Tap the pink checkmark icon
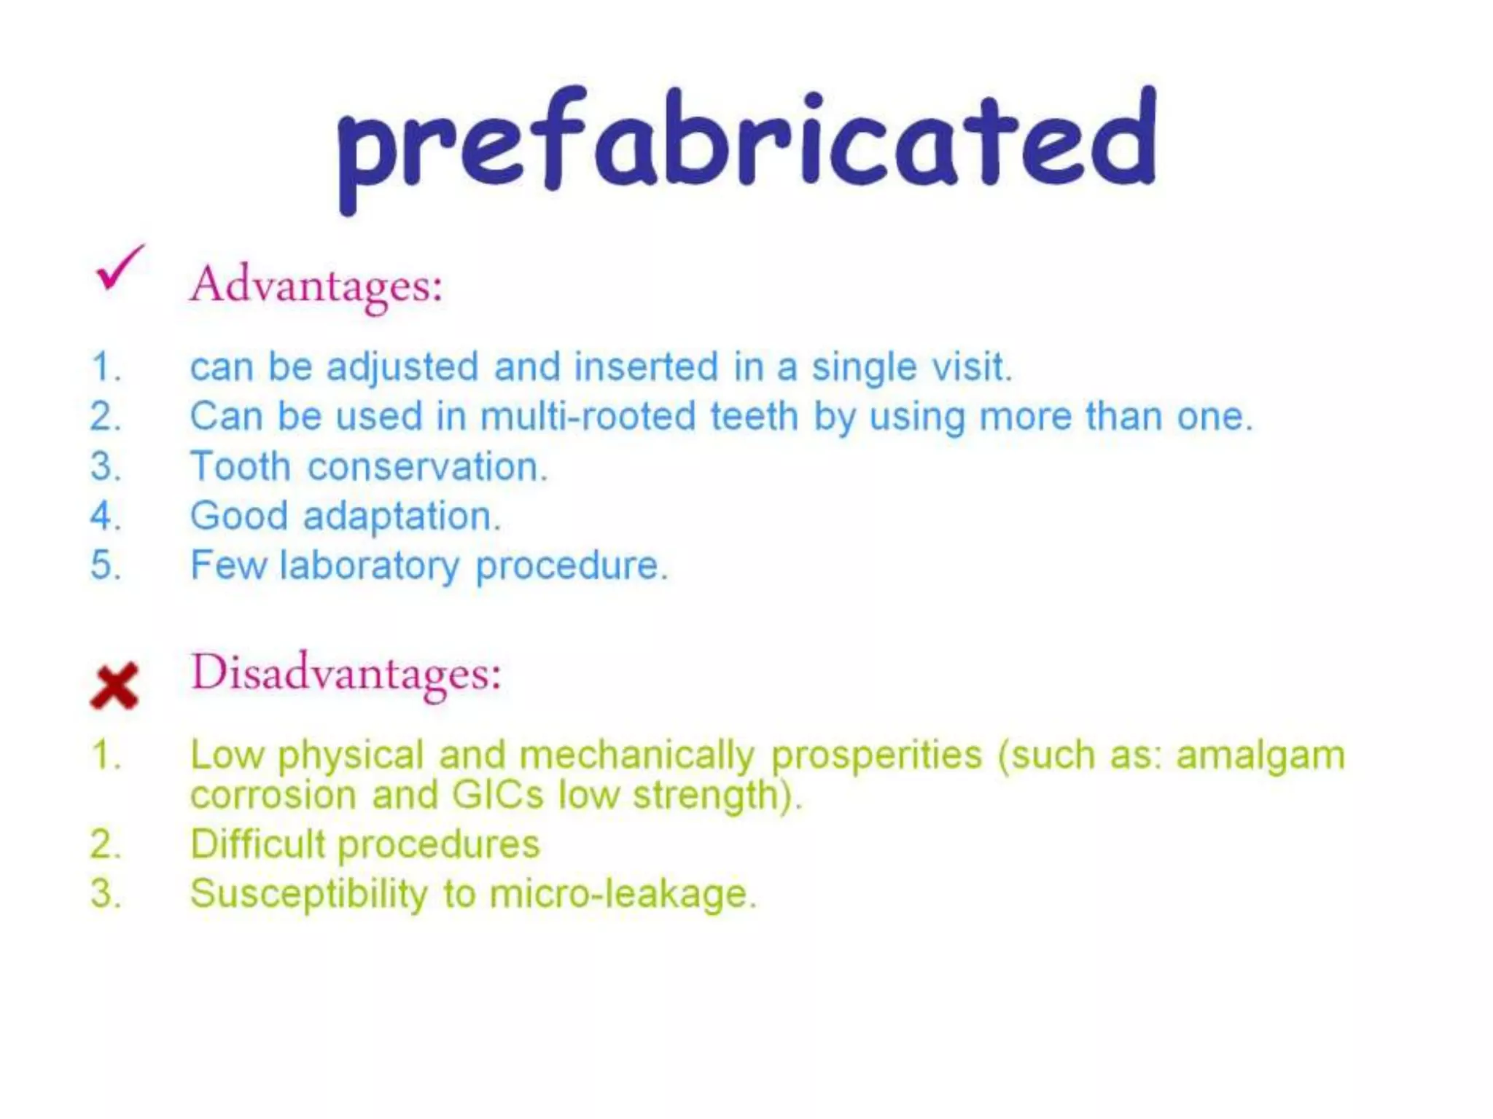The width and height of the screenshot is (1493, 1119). coord(119,268)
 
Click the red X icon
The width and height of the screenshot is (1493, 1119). coord(114,686)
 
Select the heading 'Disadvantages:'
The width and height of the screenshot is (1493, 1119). coord(346,672)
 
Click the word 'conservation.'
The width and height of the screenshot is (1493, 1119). coord(427,467)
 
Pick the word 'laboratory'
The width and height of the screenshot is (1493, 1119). coord(370,565)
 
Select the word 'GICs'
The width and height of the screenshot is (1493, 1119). coord(497,795)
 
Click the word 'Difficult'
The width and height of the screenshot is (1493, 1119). coord(257,844)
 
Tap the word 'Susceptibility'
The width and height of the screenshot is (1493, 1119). coord(309,895)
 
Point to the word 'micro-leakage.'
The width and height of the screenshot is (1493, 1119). coord(623,894)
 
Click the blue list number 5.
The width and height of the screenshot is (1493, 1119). coord(105,565)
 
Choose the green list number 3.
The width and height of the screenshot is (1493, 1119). coord(105,894)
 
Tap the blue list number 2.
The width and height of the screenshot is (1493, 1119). coord(105,417)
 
